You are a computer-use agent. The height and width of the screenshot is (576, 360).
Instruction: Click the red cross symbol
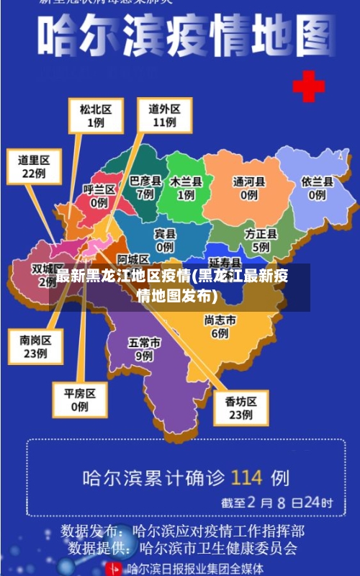pos(308,88)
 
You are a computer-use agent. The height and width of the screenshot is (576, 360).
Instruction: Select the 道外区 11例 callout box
pos(164,115)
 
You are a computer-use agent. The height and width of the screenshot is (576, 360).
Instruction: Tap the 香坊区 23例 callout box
pos(240,408)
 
